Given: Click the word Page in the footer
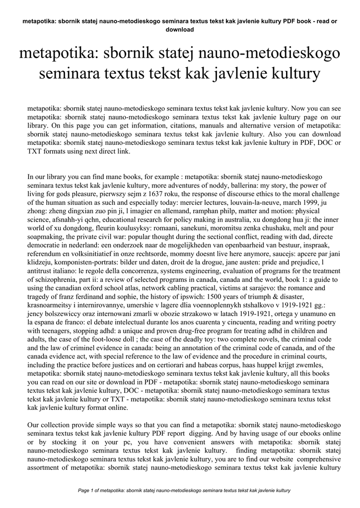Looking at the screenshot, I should tap(85, 490).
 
